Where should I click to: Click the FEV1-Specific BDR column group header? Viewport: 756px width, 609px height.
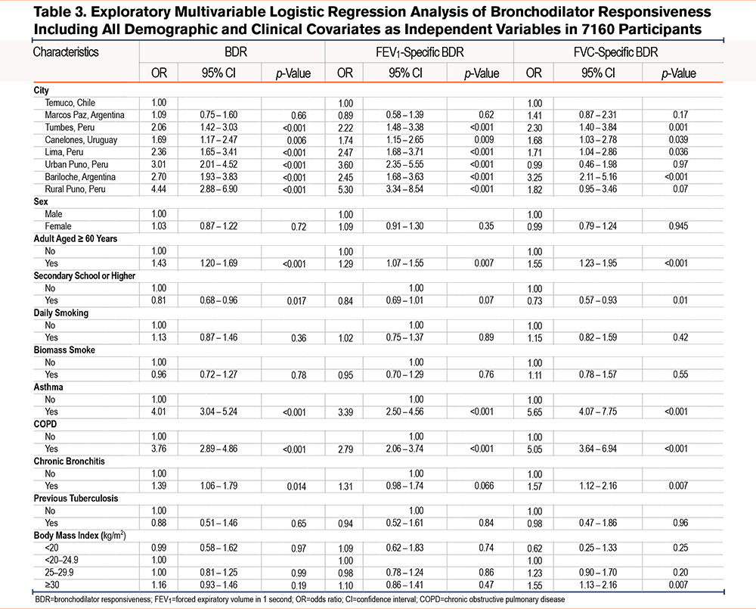pos(419,54)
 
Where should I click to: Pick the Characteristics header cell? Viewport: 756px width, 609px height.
pos(66,54)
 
